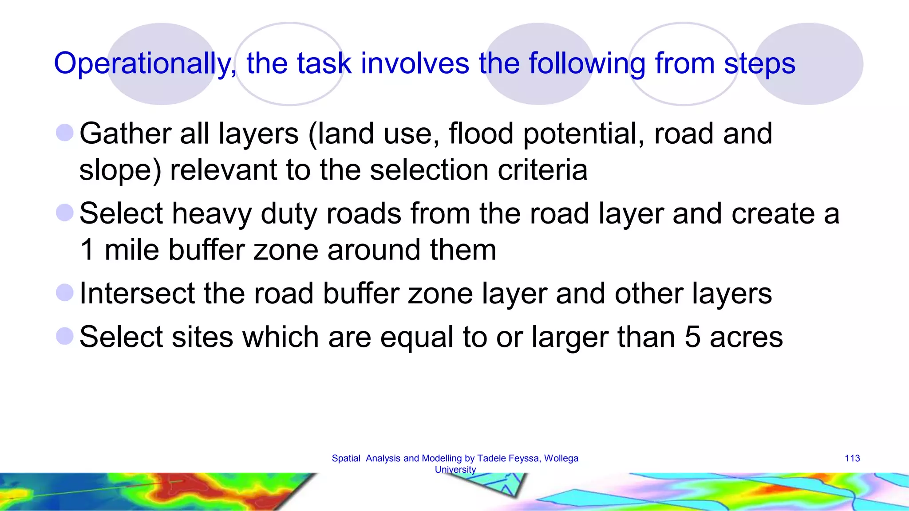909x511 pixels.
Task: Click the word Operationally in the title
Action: coord(145,63)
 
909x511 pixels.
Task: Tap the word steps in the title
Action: coord(759,63)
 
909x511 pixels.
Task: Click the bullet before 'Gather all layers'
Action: coord(65,133)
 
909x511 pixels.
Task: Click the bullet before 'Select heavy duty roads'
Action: coord(65,212)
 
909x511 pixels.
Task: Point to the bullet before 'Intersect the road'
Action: coord(65,293)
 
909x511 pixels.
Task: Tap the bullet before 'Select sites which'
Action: coord(65,336)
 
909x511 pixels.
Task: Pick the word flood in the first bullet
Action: coord(481,134)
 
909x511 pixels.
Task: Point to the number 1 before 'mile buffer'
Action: coord(87,250)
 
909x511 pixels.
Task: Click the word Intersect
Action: coord(137,294)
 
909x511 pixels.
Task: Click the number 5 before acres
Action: coord(692,337)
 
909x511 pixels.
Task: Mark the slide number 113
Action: coord(852,458)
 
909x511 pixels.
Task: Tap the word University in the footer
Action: coord(455,469)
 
